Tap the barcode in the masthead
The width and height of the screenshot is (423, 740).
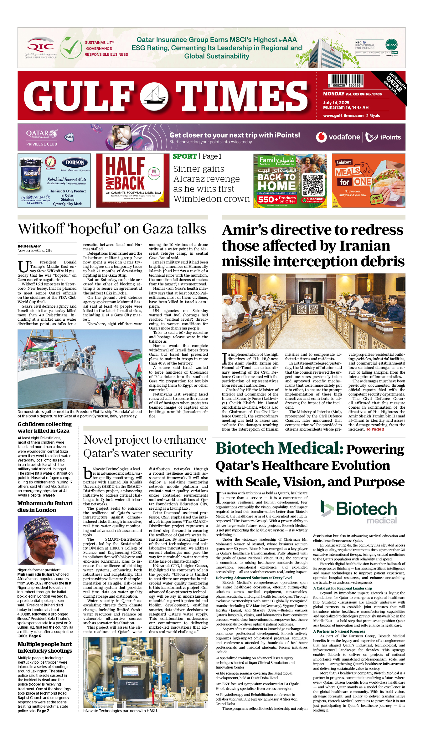(346, 80)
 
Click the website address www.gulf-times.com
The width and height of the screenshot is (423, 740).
(343, 116)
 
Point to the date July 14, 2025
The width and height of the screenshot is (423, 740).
(336, 103)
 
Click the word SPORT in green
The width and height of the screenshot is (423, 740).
(185, 156)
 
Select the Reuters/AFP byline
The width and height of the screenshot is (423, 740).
(29, 246)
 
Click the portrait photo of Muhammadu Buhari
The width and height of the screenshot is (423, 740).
(45, 540)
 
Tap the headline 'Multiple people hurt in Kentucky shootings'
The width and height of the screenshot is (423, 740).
(45, 647)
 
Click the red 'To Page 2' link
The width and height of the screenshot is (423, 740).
(375, 429)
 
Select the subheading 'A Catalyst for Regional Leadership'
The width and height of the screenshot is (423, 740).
(343, 588)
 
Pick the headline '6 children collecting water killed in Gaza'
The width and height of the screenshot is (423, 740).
(45, 427)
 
